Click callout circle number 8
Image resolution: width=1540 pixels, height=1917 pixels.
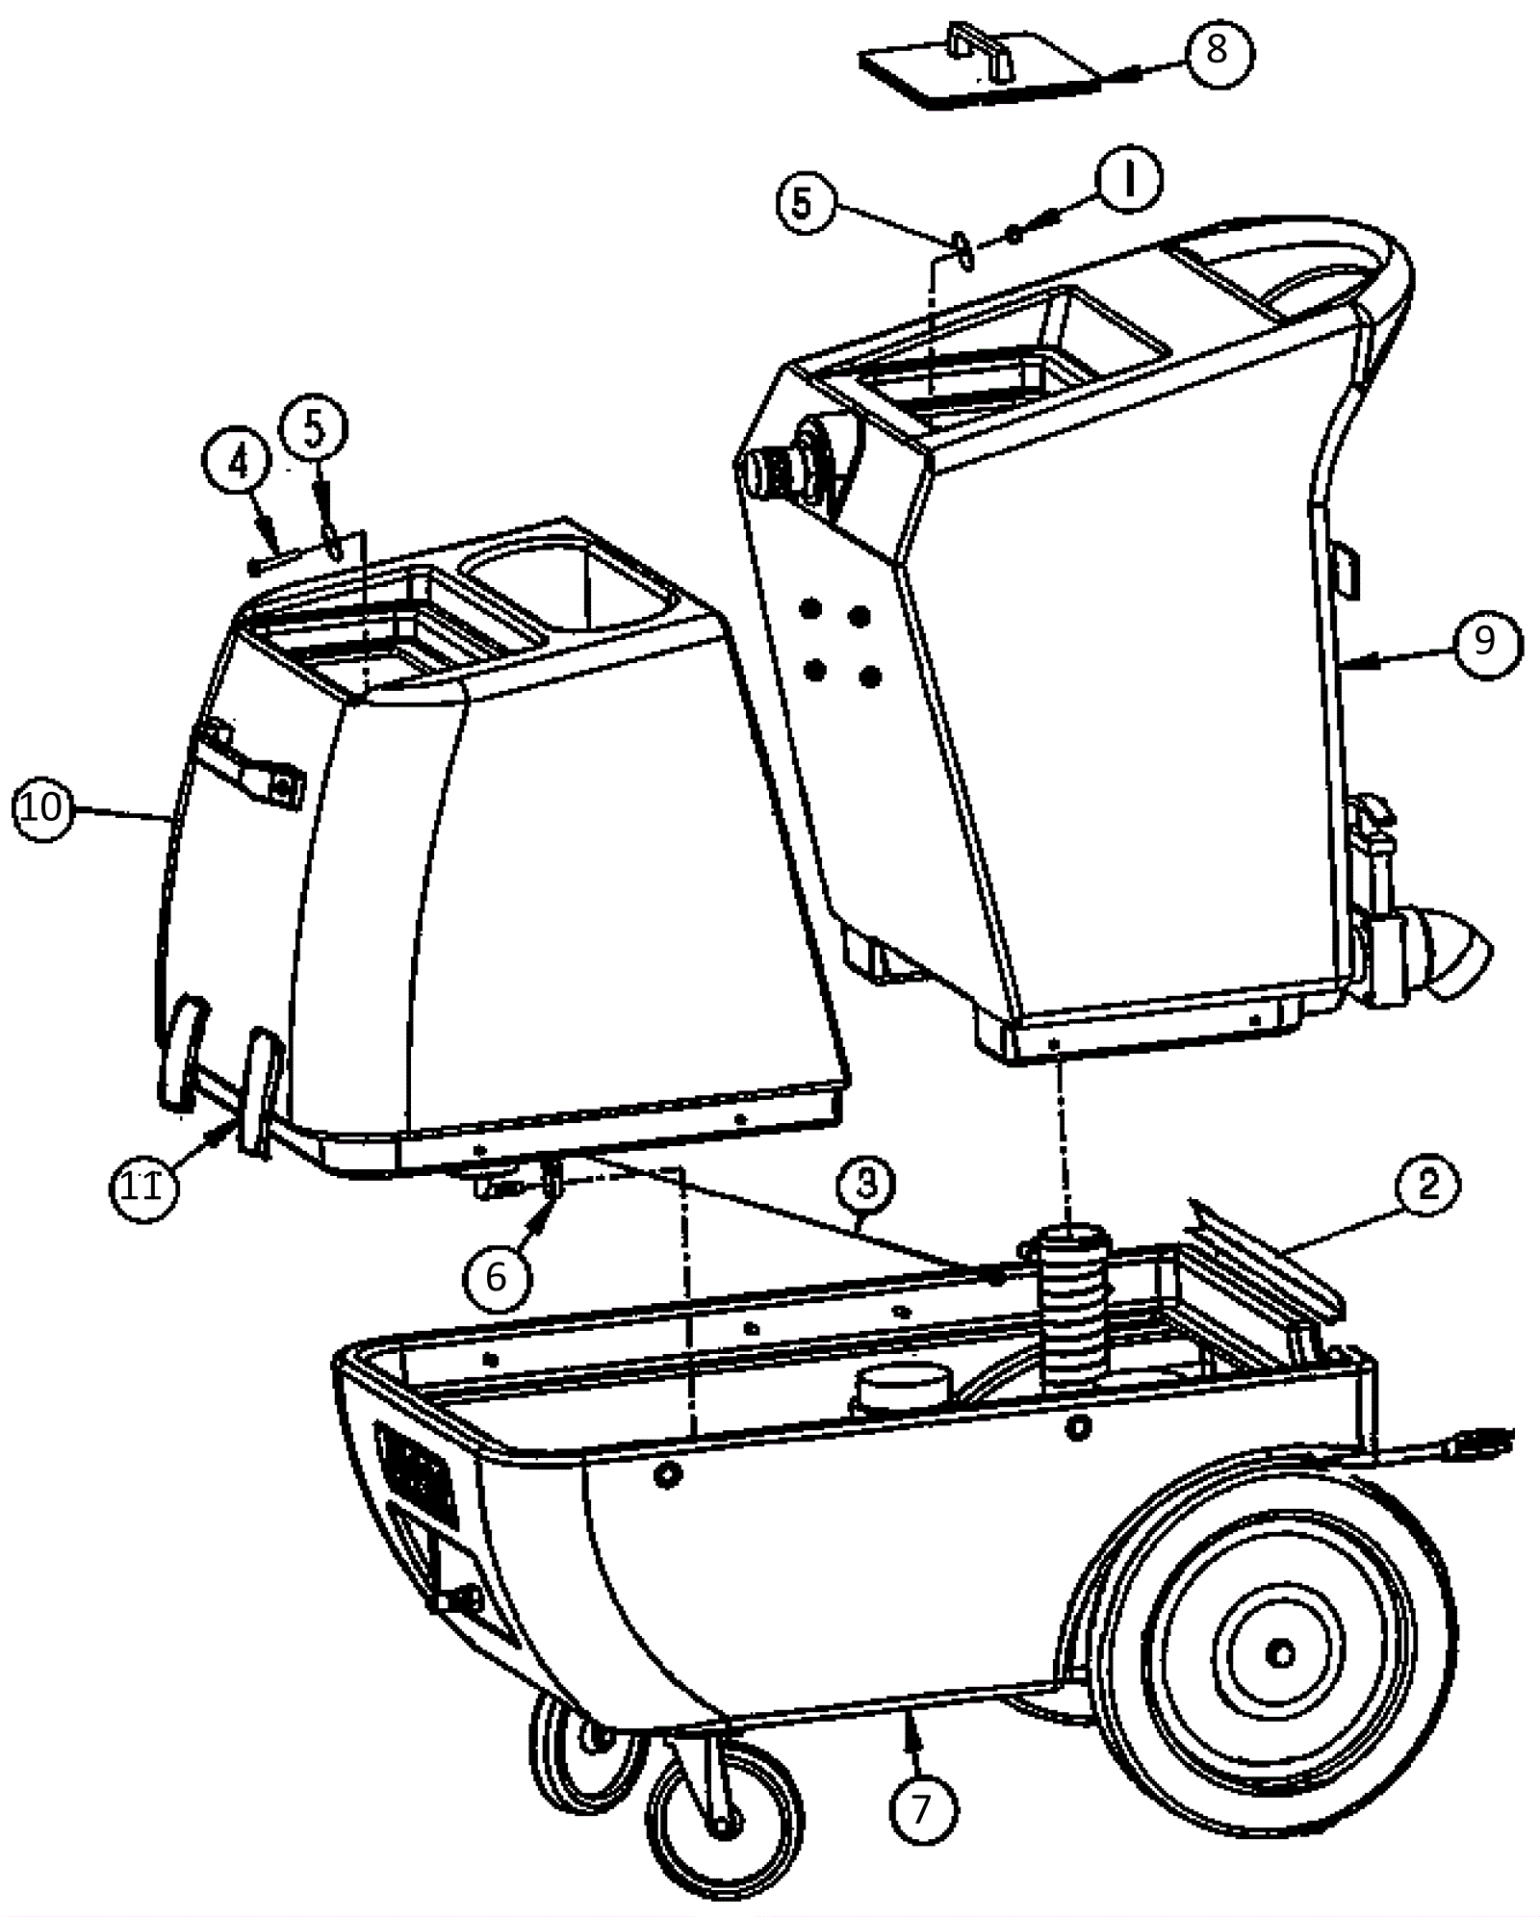(1217, 49)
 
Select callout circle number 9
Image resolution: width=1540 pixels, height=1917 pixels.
(1484, 641)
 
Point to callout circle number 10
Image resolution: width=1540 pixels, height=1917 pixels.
(43, 808)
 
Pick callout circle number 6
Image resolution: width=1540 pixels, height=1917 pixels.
(496, 1277)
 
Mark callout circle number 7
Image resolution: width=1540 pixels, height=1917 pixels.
(921, 1810)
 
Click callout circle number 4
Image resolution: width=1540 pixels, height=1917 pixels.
(237, 463)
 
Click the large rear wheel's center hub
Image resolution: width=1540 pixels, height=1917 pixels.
(1279, 1654)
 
